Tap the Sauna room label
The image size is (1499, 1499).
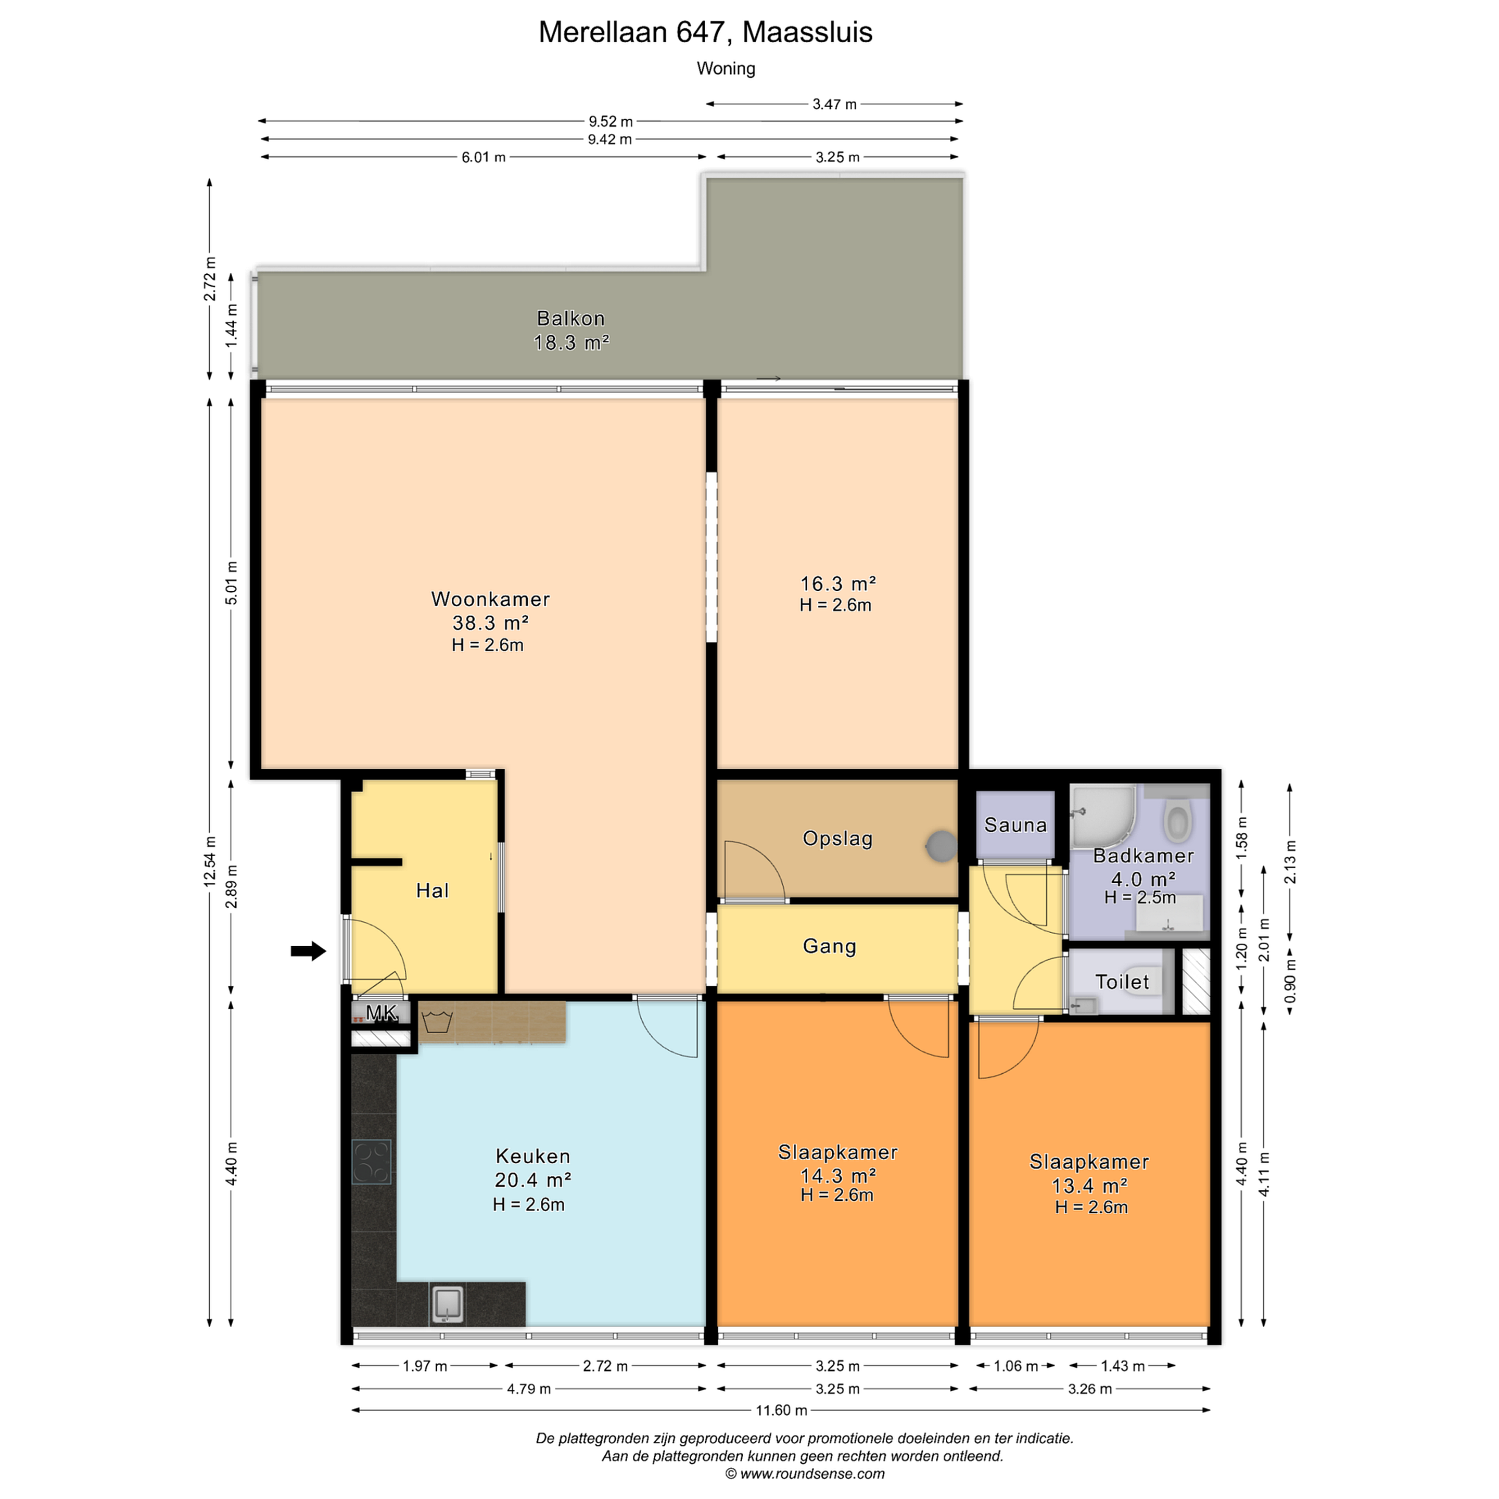coord(1015,825)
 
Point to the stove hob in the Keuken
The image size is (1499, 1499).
coord(372,1162)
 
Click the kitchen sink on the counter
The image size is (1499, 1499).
coord(448,1303)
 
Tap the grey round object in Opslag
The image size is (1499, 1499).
coord(941,846)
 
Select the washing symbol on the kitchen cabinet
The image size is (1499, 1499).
coord(437,1021)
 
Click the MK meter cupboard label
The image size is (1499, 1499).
coord(381,1012)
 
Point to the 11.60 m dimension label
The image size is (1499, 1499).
coord(781,1411)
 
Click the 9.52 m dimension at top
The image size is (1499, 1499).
coord(611,121)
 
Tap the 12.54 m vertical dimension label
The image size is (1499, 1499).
coord(209,861)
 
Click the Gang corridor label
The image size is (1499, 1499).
coord(830,946)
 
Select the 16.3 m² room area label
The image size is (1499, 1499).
coord(838,584)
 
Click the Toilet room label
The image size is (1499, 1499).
coord(1122,982)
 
